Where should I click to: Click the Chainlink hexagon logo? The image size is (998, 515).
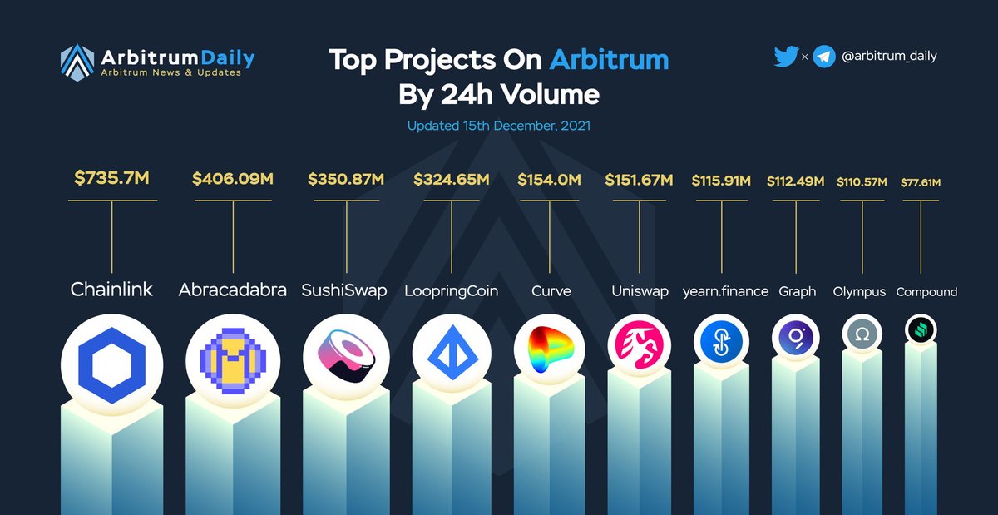click(111, 365)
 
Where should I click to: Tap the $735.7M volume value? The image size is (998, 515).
click(111, 178)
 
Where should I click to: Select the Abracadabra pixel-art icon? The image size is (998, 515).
click(233, 361)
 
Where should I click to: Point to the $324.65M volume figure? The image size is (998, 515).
click(452, 179)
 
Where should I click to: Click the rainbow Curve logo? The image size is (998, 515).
click(550, 349)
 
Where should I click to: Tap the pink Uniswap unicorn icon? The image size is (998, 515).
click(640, 344)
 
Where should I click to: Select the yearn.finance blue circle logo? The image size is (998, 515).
click(721, 342)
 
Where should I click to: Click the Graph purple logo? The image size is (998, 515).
click(796, 338)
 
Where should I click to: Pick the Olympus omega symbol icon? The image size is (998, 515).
click(862, 334)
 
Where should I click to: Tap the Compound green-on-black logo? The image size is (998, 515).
click(921, 330)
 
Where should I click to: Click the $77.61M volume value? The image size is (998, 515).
click(921, 182)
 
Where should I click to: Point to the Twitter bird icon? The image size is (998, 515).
click(786, 57)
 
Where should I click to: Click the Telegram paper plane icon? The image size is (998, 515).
click(824, 57)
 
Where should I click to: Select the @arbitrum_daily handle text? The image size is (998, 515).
click(889, 57)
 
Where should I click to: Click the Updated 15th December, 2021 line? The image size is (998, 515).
click(499, 126)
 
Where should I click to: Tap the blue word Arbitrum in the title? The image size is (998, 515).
click(609, 60)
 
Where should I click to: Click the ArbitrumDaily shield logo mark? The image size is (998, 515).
click(77, 62)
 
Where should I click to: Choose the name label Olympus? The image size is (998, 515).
click(859, 292)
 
